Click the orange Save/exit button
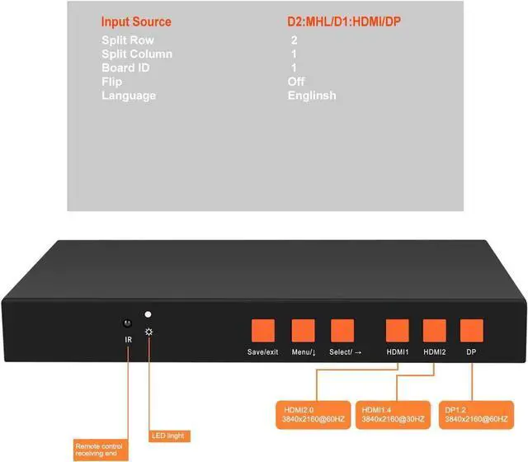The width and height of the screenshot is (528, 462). [x=263, y=330]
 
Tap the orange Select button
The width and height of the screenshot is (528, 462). [x=342, y=330]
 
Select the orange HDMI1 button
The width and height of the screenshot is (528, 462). [x=397, y=330]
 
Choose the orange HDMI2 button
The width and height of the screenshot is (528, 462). [x=434, y=330]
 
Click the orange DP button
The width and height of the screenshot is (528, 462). [x=471, y=330]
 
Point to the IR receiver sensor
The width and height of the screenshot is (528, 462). [x=128, y=323]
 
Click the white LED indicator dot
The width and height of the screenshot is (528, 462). [x=148, y=314]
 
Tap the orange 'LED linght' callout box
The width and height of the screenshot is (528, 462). [x=170, y=435]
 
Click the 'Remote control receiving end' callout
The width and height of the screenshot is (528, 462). [x=101, y=448]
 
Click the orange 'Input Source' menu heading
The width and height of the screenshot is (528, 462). [x=136, y=21]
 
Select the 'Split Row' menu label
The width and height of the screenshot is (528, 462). [x=128, y=40]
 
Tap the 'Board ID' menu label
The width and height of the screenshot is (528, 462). [x=125, y=68]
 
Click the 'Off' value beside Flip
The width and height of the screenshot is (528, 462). [x=296, y=82]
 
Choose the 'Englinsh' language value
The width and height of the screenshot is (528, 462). [x=312, y=96]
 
